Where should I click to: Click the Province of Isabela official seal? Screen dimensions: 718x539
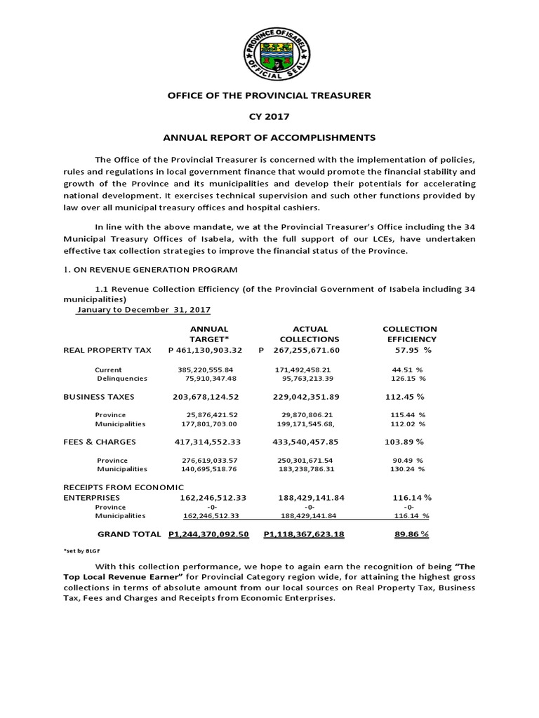(269, 53)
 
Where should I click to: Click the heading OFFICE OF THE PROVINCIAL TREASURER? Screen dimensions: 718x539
(269, 95)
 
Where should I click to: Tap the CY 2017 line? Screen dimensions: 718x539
(269, 116)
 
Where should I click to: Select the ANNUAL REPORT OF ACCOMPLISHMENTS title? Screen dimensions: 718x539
(269, 137)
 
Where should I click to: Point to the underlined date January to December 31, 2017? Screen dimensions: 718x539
(144, 309)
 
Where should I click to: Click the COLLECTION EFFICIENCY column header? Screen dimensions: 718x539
(409, 334)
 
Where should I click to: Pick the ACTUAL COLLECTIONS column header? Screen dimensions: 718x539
(310, 334)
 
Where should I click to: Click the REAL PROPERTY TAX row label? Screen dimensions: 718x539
(107, 350)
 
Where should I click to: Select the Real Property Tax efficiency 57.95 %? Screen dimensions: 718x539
(412, 350)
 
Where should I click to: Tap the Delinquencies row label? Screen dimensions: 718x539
(122, 379)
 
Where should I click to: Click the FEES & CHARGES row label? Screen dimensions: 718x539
(100, 442)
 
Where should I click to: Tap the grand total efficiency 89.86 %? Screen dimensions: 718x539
(412, 534)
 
